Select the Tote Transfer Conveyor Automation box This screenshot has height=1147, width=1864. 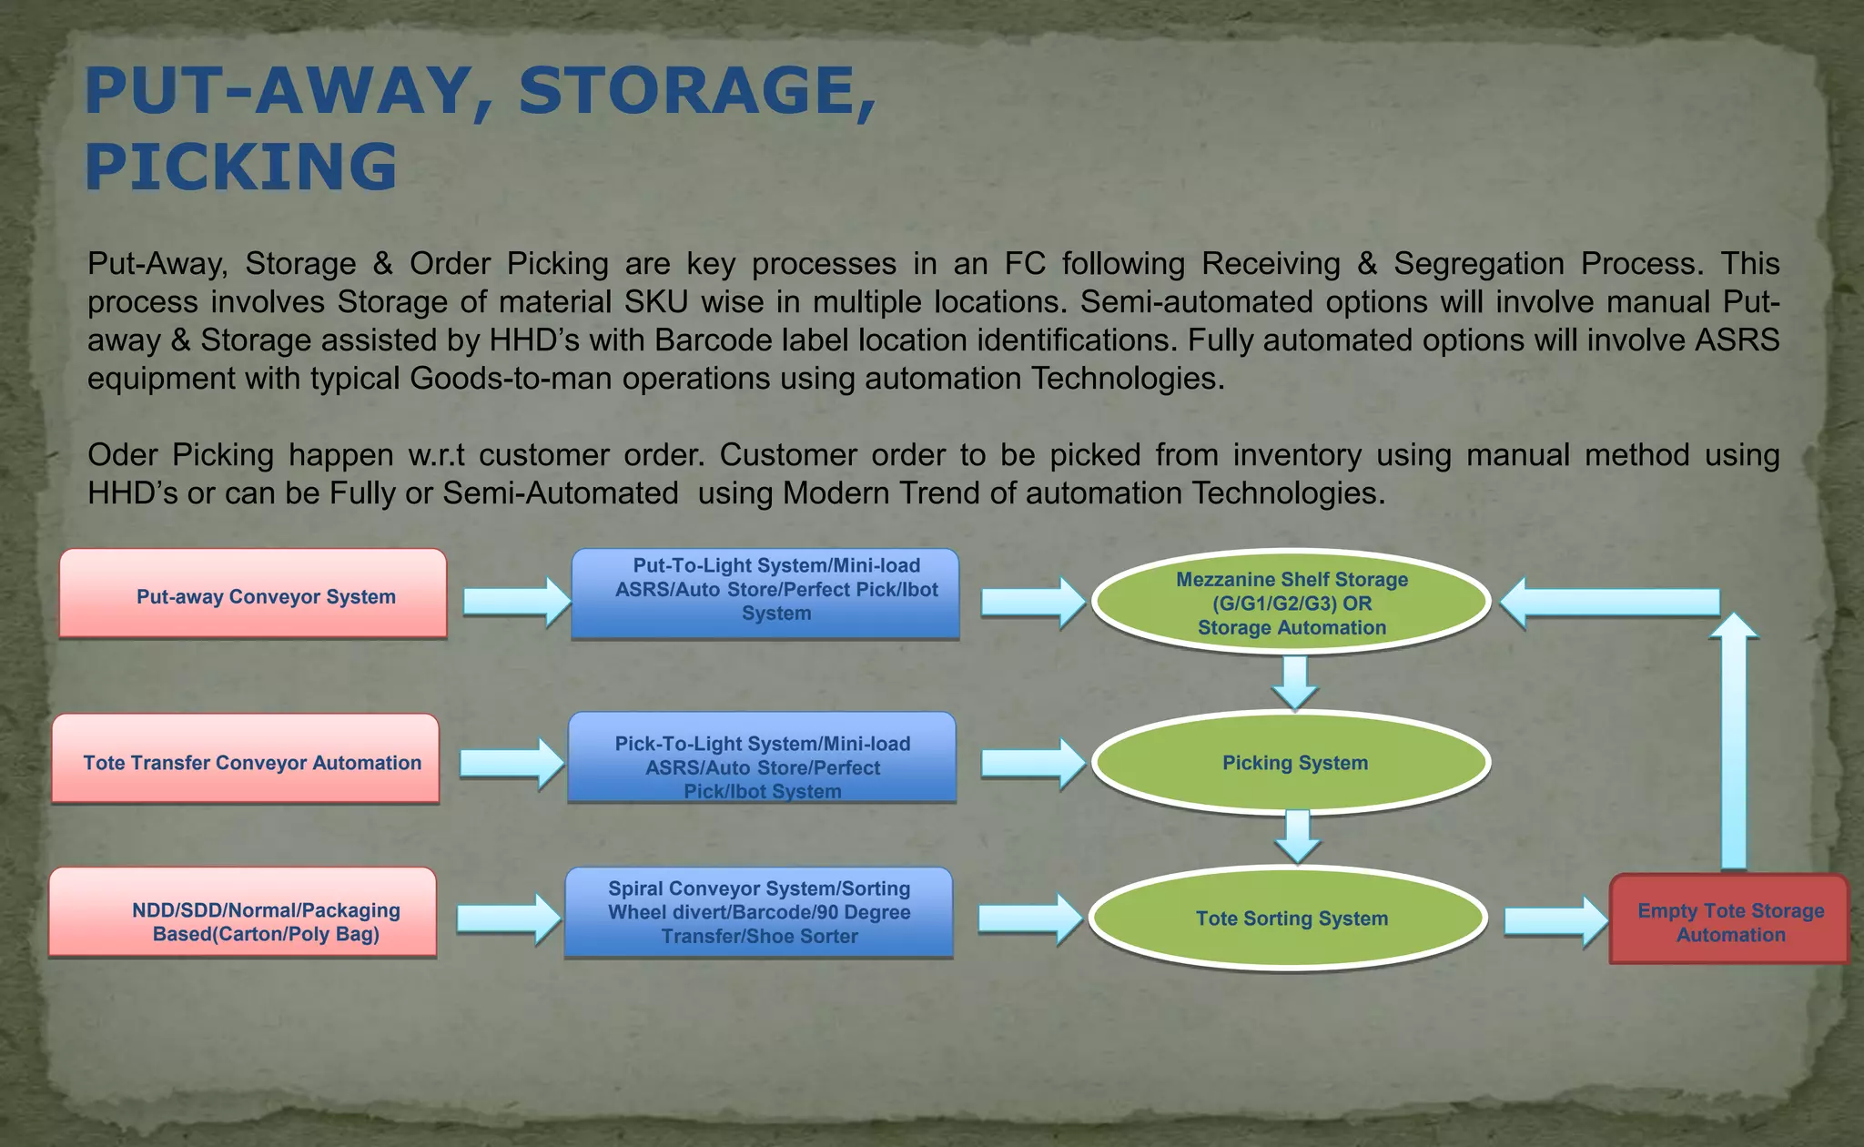tap(246, 759)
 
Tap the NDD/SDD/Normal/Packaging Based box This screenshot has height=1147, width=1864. tap(243, 912)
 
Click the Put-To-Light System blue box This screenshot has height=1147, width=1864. tap(765, 593)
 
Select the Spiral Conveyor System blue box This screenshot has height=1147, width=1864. tap(758, 912)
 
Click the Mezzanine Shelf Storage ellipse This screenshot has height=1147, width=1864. tap(1291, 603)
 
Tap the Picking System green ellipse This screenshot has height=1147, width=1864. tap(1291, 763)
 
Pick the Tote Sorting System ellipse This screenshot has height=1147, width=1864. tap(1289, 918)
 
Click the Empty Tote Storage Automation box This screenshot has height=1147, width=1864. tap(1729, 919)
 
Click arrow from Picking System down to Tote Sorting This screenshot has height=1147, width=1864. tap(1297, 836)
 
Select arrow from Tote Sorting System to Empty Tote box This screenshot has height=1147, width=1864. tap(1555, 921)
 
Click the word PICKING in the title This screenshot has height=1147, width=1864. tap(241, 167)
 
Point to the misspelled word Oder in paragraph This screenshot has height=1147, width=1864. tap(122, 454)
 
